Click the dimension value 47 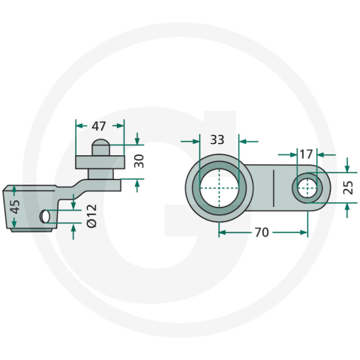click(99, 126)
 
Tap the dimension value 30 click(138, 160)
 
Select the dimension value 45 click(13, 206)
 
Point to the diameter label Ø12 click(91, 215)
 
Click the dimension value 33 click(217, 139)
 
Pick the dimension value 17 click(305, 154)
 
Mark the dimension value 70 click(261, 232)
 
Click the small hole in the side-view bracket click(45, 216)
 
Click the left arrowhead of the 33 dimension click(196, 139)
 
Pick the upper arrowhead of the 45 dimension click(13, 188)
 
